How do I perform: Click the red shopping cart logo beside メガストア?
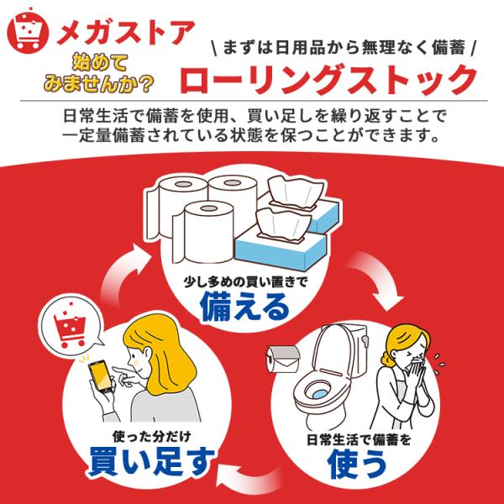28,31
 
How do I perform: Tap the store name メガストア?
126,33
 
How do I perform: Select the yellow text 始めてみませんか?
98,74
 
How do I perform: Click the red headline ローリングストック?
328,80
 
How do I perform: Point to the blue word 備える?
244,307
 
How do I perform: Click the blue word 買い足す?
152,461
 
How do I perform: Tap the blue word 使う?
357,464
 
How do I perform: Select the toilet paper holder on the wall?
283,359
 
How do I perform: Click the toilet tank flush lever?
364,340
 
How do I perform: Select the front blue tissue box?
281,250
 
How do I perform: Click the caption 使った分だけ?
152,437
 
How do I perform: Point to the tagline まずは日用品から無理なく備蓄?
344,49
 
